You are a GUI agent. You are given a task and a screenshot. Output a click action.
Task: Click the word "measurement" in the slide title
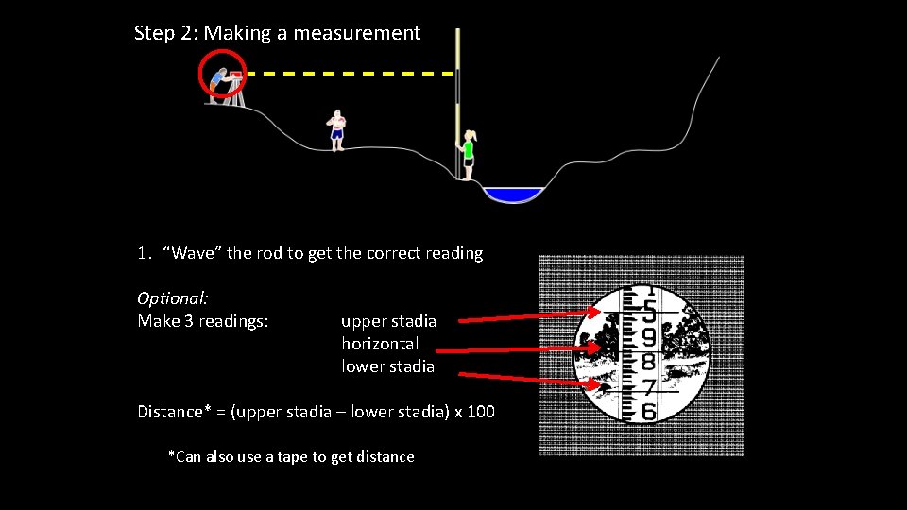(356, 33)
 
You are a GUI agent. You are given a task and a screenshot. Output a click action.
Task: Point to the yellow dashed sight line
(350, 73)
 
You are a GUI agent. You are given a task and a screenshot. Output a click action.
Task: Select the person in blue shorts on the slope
(336, 129)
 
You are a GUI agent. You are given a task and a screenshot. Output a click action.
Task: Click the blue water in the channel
(513, 195)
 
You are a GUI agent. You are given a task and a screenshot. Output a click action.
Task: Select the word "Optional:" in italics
(173, 298)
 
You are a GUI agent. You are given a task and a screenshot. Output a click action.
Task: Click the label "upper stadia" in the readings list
(388, 321)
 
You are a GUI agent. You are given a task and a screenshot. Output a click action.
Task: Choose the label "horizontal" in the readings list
(380, 344)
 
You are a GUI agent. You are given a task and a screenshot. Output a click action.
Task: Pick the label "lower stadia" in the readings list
(387, 366)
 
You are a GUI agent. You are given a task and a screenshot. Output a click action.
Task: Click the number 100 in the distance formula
(479, 412)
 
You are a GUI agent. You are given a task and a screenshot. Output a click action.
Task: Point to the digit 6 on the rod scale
(649, 412)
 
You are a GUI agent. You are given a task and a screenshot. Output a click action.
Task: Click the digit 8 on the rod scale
(649, 362)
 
